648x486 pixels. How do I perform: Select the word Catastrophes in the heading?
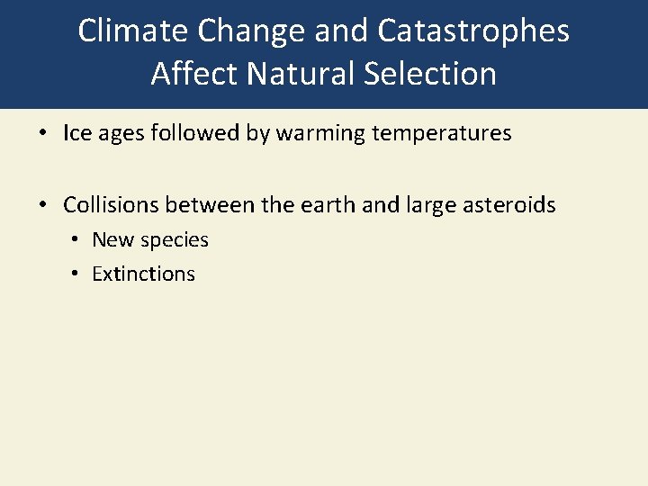(x=473, y=31)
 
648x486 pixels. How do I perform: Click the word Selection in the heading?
(x=432, y=73)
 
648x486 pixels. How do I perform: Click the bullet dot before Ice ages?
(x=43, y=134)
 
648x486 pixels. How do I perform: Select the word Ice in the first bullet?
(x=75, y=134)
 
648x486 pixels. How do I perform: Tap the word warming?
(x=313, y=134)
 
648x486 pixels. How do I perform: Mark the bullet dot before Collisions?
(x=43, y=205)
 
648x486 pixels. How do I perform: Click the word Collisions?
(x=111, y=205)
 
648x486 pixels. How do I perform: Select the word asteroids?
(x=510, y=205)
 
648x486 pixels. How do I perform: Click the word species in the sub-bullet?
(x=176, y=240)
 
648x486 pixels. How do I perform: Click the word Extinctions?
(x=143, y=274)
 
